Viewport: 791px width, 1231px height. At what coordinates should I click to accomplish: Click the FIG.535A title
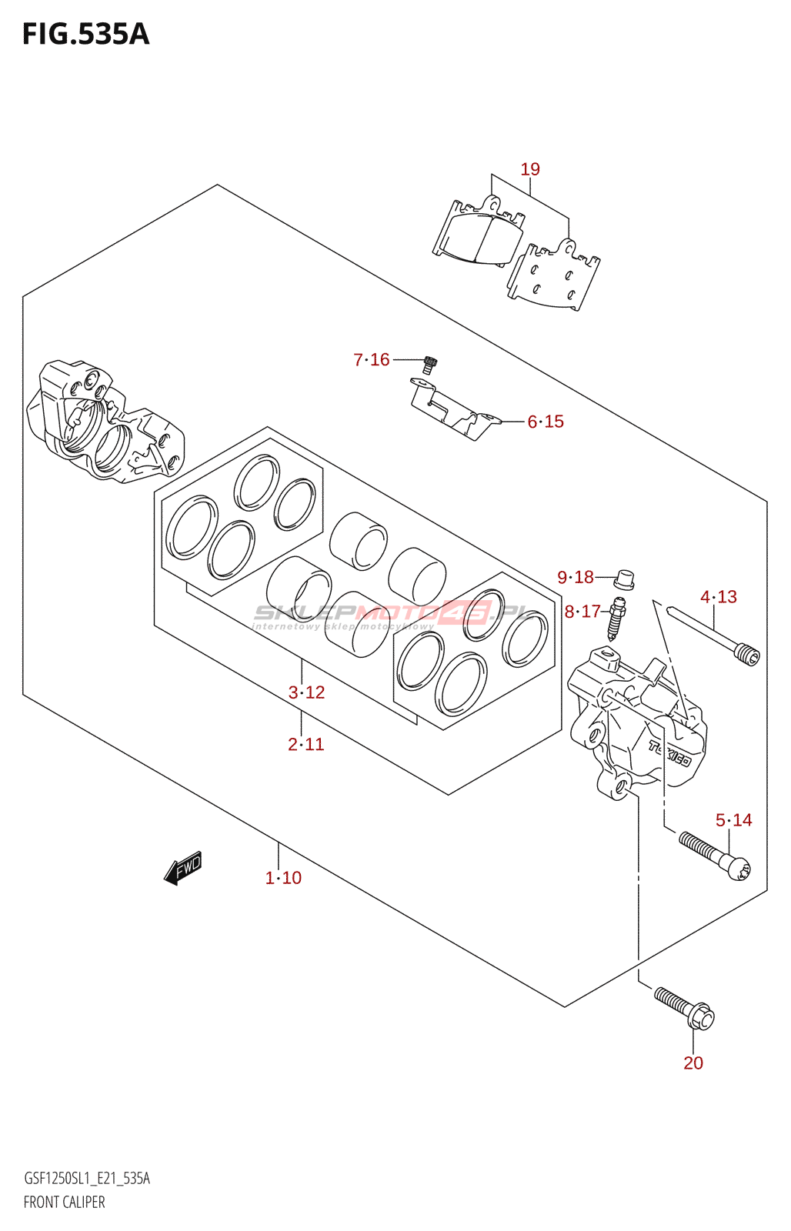[x=85, y=35]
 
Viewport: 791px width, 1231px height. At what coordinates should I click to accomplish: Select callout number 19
[x=530, y=169]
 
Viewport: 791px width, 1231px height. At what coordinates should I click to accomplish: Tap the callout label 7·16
[x=372, y=359]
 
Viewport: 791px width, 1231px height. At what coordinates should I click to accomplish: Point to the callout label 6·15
[x=546, y=422]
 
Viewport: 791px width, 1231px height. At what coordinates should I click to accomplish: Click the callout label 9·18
[x=576, y=577]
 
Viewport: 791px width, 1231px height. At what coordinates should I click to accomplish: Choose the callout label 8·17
[x=582, y=612]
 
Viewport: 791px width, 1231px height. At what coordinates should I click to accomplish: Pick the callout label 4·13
[x=719, y=597]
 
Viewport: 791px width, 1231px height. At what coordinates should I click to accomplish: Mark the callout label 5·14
[x=733, y=820]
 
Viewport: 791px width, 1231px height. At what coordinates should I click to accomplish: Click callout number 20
[x=693, y=1063]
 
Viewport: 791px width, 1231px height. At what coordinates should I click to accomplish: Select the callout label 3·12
[x=306, y=692]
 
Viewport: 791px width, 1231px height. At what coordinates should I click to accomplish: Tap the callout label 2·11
[x=306, y=744]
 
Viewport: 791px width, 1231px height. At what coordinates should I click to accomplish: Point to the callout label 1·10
[x=283, y=878]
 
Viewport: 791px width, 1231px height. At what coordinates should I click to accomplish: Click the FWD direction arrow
[x=183, y=869]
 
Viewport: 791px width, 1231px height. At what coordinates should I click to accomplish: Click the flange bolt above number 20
[x=685, y=1009]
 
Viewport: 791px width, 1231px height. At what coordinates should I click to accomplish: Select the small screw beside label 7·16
[x=430, y=364]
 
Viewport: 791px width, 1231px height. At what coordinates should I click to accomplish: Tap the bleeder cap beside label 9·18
[x=626, y=578]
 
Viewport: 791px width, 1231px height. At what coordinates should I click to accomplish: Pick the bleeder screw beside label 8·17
[x=618, y=618]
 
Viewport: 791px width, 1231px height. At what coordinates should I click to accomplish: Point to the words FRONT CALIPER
[x=64, y=1202]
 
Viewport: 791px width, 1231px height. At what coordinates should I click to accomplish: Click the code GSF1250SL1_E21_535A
[x=87, y=1179]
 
